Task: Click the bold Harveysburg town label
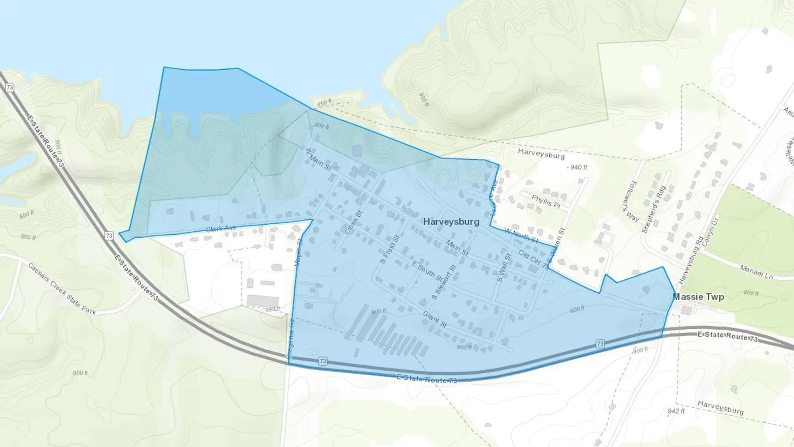[451, 222]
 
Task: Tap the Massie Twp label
[699, 297]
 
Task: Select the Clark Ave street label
[221, 229]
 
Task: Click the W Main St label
[318, 159]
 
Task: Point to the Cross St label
[353, 222]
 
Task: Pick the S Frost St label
[390, 249]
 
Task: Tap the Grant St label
[434, 319]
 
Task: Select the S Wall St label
[503, 267]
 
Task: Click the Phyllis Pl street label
[546, 202]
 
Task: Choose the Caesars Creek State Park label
[62, 289]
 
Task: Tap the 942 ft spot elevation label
[676, 411]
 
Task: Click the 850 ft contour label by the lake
[324, 103]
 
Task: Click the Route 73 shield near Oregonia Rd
[323, 361]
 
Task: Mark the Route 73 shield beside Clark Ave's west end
[109, 236]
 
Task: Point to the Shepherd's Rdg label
[654, 209]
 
